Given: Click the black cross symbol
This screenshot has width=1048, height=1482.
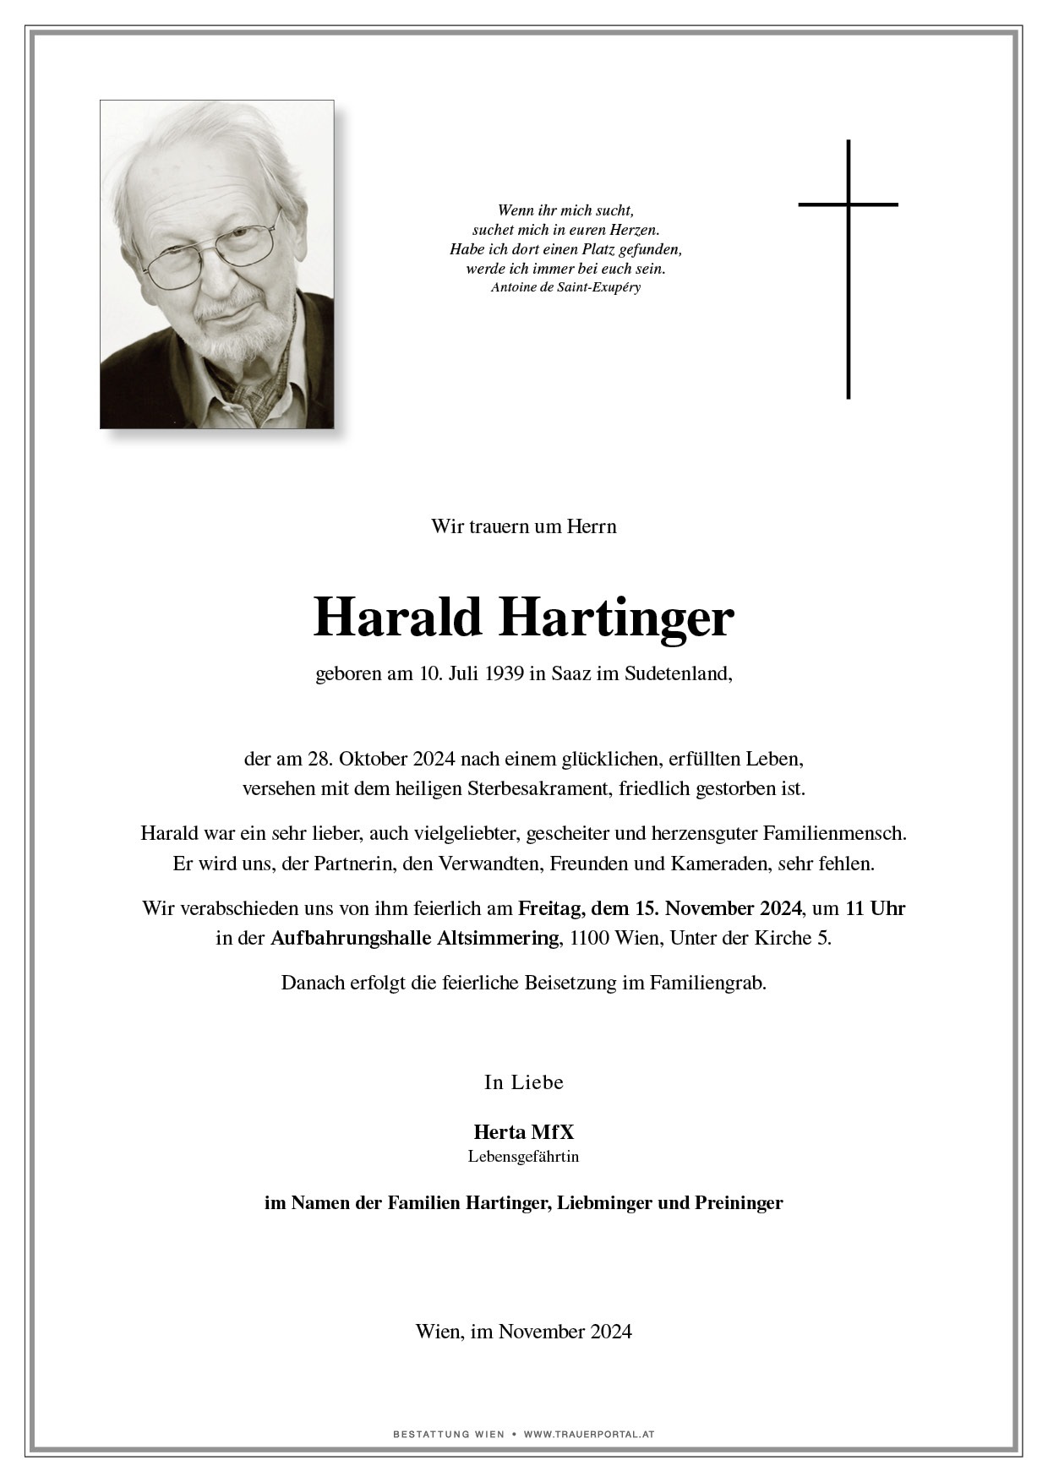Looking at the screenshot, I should pyautogui.click(x=848, y=269).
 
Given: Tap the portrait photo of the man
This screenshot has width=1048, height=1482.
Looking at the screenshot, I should pyautogui.click(x=216, y=264).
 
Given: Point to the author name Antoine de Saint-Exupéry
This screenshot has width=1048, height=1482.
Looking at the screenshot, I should pyautogui.click(x=565, y=287).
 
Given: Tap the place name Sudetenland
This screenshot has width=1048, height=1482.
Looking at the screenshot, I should pyautogui.click(x=678, y=674).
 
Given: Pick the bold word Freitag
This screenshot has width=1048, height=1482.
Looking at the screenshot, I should pyautogui.click(x=550, y=908).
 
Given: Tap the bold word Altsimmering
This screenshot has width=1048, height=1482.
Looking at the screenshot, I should pyautogui.click(x=498, y=938).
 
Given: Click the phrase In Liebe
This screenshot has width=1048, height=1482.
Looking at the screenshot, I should pyautogui.click(x=523, y=1082).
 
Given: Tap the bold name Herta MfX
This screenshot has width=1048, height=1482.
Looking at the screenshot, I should pyautogui.click(x=523, y=1132).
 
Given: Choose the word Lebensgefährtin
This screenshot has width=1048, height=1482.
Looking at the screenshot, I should pyautogui.click(x=523, y=1157).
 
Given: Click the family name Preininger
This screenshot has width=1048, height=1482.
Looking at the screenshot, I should pyautogui.click(x=739, y=1202).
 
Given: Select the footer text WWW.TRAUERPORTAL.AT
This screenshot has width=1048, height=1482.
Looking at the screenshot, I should pyautogui.click(x=589, y=1434).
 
